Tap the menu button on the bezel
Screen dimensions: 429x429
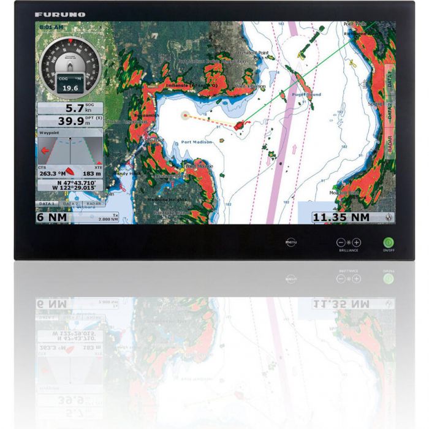click(x=291, y=243)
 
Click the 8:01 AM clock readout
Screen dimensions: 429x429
click(x=50, y=28)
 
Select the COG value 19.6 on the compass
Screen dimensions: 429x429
click(x=70, y=88)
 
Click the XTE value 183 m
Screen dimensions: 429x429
click(x=92, y=173)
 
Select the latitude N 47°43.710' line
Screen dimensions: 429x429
click(x=75, y=183)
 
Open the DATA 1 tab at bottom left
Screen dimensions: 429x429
click(x=47, y=203)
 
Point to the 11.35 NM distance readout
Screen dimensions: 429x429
click(x=341, y=217)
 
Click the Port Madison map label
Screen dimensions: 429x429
click(x=196, y=142)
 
